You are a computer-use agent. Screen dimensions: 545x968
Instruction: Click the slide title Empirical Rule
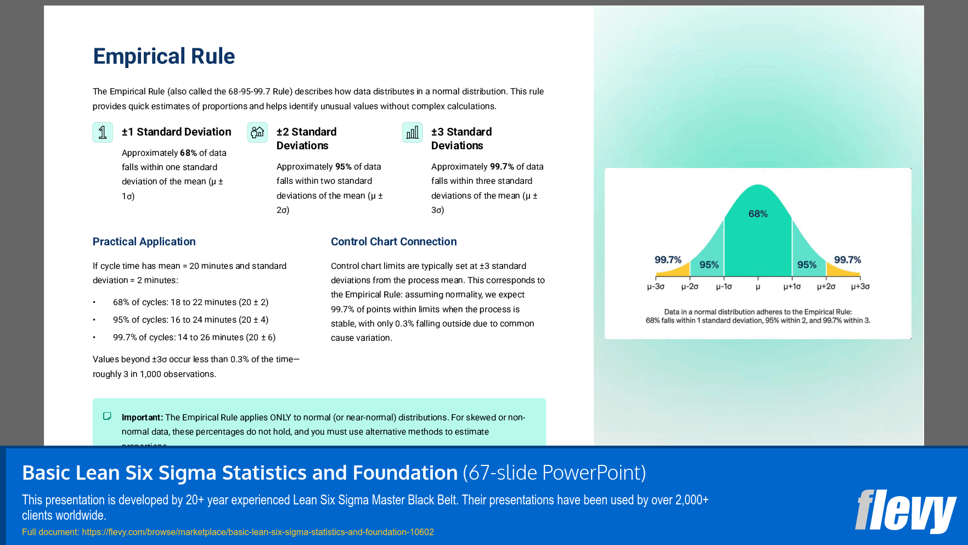point(164,57)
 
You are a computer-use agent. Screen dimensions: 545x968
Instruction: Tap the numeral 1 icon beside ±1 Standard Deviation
point(103,132)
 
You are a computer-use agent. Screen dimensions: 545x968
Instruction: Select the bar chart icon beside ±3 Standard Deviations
point(412,132)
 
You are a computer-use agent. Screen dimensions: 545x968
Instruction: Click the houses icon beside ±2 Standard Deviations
point(257,132)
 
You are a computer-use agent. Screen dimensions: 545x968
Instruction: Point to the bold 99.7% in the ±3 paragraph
point(502,167)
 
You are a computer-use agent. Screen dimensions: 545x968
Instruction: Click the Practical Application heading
point(144,241)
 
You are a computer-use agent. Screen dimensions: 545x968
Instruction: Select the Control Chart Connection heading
point(393,241)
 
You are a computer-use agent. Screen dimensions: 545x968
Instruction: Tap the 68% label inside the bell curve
point(758,214)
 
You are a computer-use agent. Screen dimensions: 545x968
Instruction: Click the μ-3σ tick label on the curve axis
point(655,286)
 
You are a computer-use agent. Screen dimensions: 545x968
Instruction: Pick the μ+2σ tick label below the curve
point(826,286)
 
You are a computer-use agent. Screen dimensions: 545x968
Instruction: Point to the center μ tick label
point(758,286)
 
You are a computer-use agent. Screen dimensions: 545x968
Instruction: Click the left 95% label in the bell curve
point(709,265)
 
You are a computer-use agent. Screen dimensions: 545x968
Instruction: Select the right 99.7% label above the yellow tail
point(847,260)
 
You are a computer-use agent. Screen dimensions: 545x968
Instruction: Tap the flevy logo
point(905,511)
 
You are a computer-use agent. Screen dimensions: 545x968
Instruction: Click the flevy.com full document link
point(257,532)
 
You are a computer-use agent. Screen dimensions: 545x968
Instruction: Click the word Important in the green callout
point(142,418)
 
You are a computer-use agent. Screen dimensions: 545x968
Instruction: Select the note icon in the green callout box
point(108,417)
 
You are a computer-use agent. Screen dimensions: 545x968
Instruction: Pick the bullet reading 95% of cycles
point(190,320)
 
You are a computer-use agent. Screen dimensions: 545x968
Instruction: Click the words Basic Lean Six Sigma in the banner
point(119,473)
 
